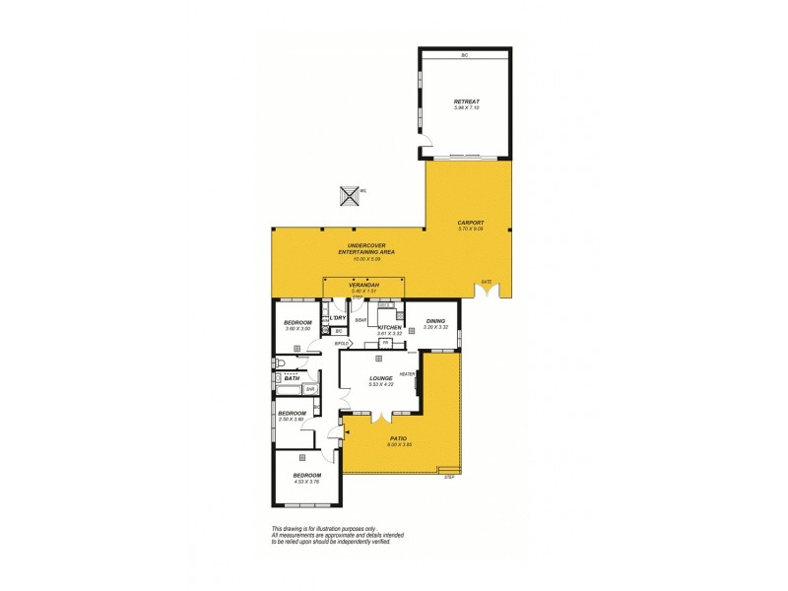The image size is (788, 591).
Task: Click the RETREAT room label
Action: [465, 101]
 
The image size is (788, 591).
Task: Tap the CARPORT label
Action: [470, 223]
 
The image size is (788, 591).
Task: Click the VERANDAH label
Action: [364, 286]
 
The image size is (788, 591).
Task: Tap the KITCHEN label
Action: [390, 327]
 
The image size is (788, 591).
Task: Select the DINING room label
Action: [435, 320]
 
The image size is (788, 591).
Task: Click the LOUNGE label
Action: [381, 377]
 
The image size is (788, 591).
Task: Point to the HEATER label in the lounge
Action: [406, 374]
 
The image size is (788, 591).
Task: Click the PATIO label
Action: [398, 438]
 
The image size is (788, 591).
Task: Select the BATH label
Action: [293, 378]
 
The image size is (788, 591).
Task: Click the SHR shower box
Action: [309, 389]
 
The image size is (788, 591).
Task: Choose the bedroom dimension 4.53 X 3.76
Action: [307, 481]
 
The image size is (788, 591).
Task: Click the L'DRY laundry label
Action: [337, 318]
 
